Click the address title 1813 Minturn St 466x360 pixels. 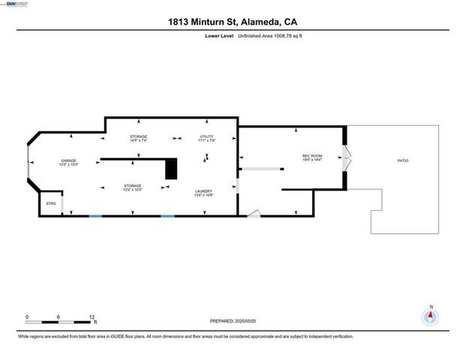point(233,22)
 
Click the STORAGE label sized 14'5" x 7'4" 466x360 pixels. point(138,138)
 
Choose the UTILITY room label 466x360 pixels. point(206,138)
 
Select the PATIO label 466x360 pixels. point(403,160)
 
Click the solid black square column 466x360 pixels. point(170,168)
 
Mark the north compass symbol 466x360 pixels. point(430,316)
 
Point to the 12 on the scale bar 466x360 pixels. point(92,316)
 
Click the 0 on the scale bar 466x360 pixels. point(27,316)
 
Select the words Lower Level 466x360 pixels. point(219,36)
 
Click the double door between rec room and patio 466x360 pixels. point(345,157)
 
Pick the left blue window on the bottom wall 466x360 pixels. point(95,216)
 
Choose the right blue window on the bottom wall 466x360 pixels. point(167,216)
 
